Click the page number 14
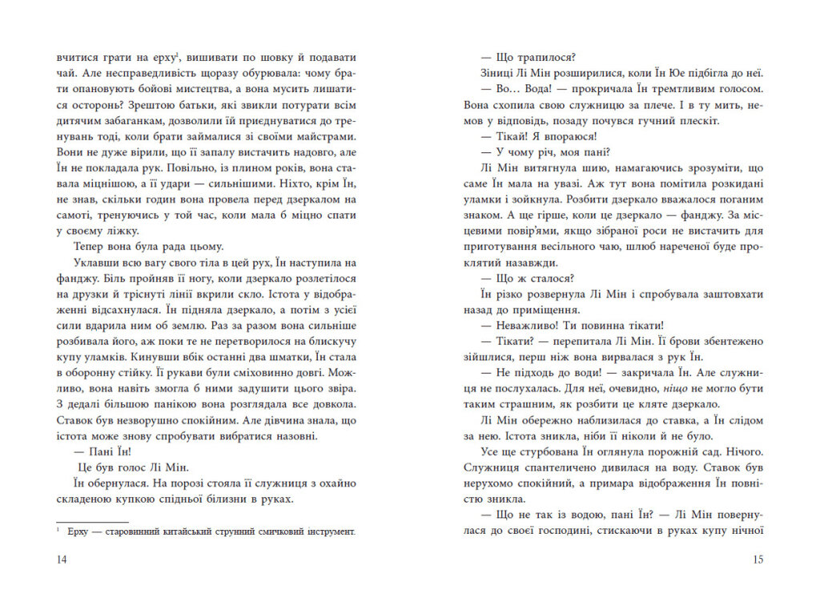click(62, 560)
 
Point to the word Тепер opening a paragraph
click(89, 247)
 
